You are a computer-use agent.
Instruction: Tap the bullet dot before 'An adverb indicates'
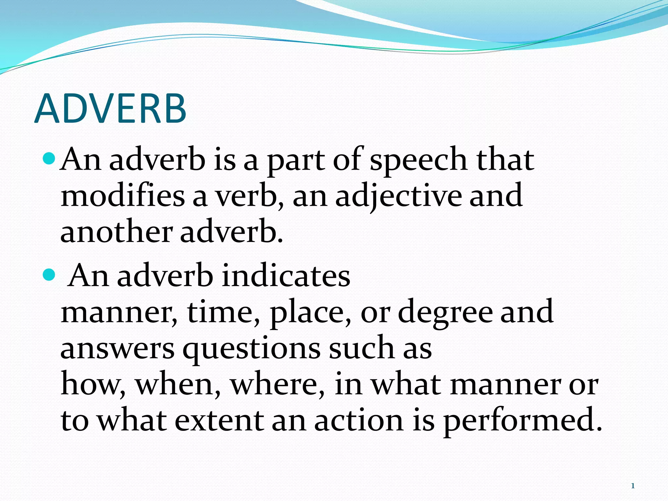(50, 275)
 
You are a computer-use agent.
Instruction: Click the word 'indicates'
(286, 276)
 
